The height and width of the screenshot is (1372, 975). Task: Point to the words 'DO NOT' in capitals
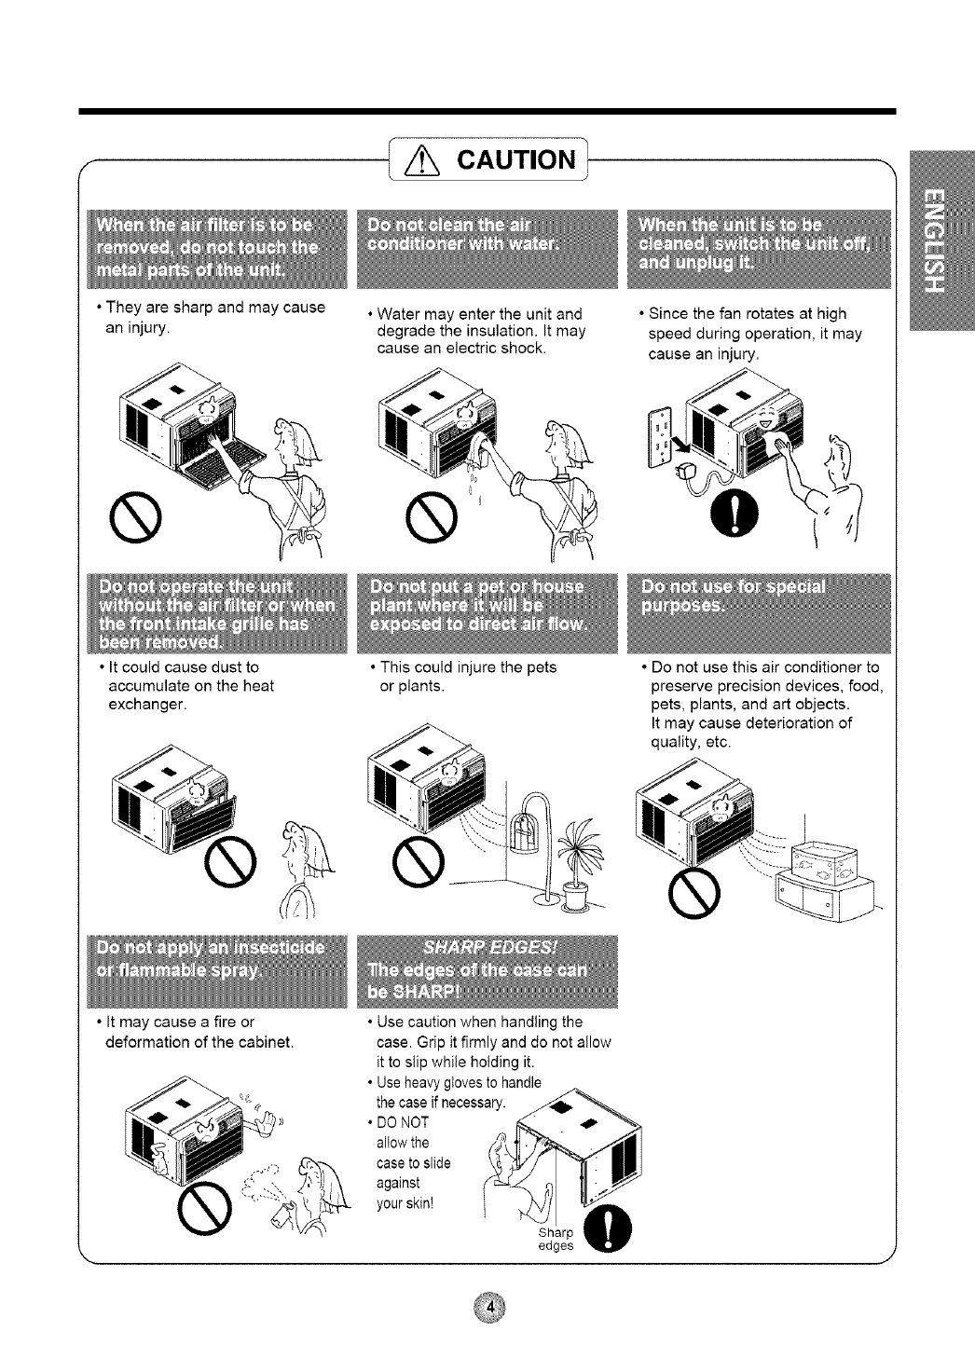pos(403,1121)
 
